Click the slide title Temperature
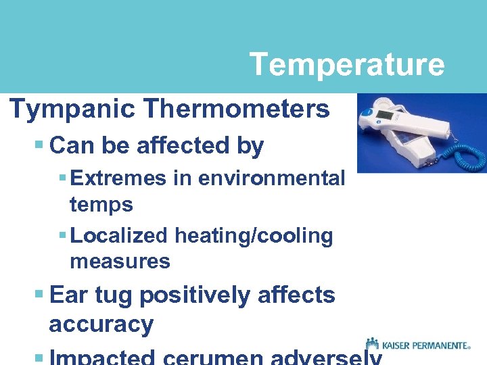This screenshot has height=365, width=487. (346, 65)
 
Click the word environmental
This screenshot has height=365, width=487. (271, 178)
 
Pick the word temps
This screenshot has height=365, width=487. (101, 205)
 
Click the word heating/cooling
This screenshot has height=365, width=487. (254, 236)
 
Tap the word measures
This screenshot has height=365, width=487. (120, 261)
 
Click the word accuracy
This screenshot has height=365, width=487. (101, 325)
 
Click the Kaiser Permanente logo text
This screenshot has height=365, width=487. (426, 345)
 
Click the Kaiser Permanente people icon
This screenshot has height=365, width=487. (371, 344)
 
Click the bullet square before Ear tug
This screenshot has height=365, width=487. (39, 295)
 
